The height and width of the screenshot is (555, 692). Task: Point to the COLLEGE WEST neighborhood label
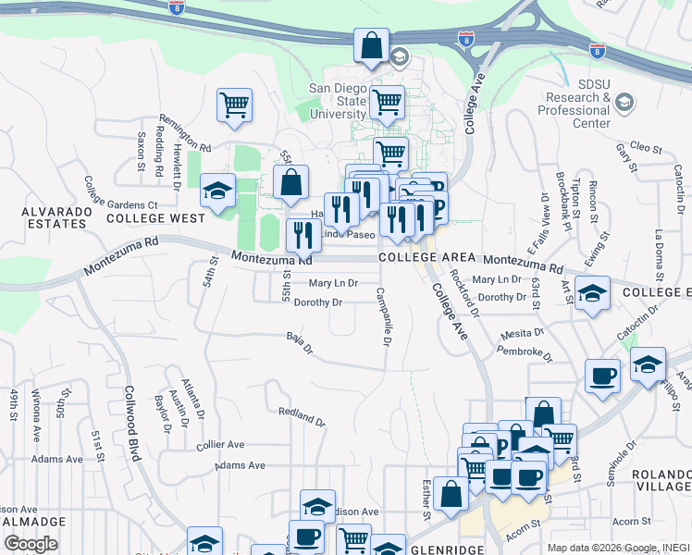(155, 218)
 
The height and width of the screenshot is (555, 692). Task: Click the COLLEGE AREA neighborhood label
(426, 257)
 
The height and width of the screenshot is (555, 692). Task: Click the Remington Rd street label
(185, 132)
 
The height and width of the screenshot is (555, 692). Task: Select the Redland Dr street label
(302, 415)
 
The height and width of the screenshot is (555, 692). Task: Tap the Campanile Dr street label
(382, 315)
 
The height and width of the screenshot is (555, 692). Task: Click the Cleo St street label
(645, 148)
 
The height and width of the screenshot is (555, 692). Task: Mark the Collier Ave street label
(220, 445)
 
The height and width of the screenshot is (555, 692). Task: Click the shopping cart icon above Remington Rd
(235, 104)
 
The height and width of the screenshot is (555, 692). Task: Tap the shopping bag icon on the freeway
(371, 45)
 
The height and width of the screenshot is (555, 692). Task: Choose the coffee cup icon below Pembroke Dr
(602, 376)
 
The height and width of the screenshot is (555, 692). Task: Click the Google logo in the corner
(31, 543)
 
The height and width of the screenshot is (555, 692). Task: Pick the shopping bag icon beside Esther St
(451, 494)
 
